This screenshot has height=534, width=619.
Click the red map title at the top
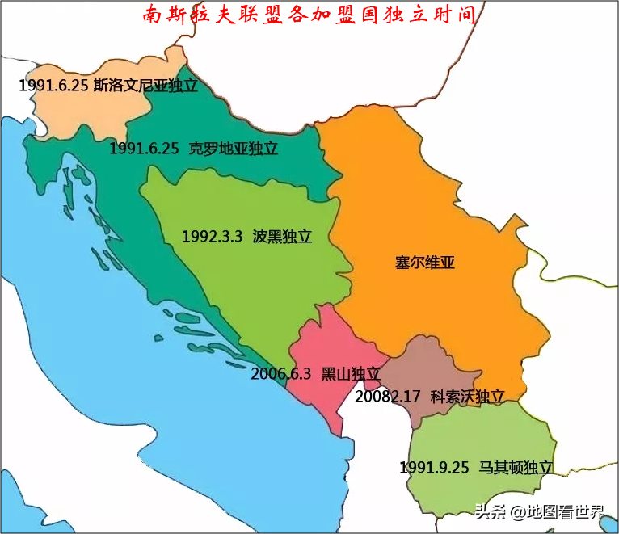pos(309,15)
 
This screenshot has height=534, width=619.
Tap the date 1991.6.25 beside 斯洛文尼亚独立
pos(53,86)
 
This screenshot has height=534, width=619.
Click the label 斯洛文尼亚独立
pos(145,86)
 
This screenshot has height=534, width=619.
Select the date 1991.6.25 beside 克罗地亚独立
pos(144,149)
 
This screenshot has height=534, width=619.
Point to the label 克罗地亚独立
pos(234,149)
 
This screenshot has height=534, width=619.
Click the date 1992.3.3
pos(212,237)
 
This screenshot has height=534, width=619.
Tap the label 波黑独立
pos(282,237)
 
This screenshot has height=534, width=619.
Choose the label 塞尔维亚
pos(425,263)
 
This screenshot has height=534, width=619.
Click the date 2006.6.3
pos(280,374)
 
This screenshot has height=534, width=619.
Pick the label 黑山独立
pos(351,374)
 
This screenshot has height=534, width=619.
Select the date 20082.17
pos(388,397)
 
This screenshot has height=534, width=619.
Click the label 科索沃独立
pos(467,397)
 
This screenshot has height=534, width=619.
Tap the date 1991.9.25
pos(434,468)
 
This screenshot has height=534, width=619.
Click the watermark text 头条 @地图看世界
pos(539,511)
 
